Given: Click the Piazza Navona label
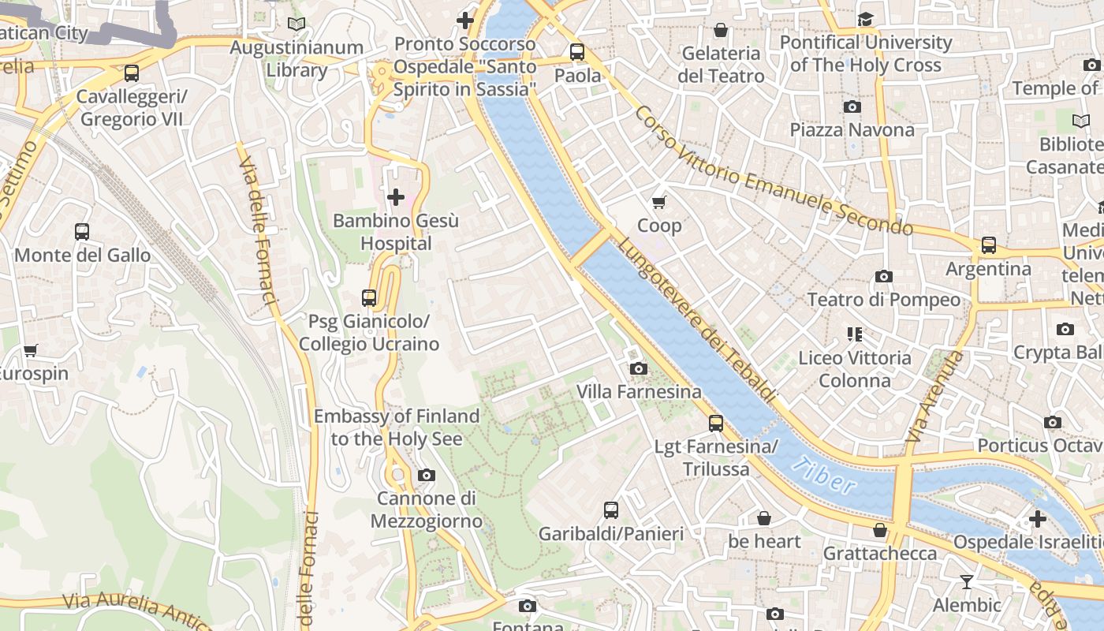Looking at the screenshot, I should [852, 129].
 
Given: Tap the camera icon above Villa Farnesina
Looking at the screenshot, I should [639, 368].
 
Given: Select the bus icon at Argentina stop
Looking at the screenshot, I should [989, 245].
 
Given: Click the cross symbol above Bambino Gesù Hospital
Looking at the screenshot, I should [396, 196].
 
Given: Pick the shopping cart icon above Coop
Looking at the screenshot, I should [659, 202].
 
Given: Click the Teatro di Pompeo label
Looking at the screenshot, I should [883, 300].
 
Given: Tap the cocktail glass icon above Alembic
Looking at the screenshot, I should [966, 582].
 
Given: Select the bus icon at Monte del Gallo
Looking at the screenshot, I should [82, 232].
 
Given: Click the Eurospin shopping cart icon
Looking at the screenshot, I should [31, 350].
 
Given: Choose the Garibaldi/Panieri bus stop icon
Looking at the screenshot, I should [611, 510].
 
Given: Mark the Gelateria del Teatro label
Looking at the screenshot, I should [721, 65].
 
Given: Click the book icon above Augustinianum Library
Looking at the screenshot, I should [297, 24].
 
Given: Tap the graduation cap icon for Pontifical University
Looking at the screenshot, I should [866, 19].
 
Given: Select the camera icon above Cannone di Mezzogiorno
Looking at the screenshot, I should [427, 475].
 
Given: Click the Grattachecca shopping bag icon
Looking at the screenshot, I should [880, 530].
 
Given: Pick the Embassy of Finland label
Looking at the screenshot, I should [396, 428].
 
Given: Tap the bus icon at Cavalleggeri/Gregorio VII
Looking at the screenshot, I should [132, 73].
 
